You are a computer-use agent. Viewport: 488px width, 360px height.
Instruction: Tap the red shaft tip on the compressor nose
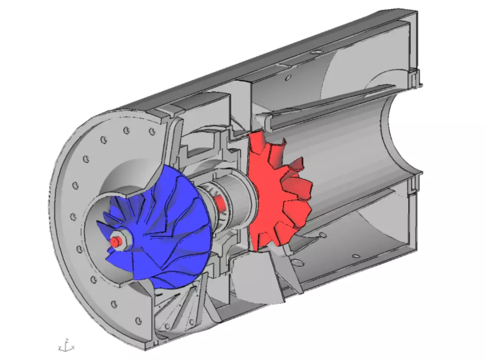(x=114, y=242)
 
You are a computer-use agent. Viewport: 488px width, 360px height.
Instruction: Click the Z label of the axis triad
(x=66, y=340)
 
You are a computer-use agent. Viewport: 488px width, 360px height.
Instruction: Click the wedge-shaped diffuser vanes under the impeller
(x=181, y=307)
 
